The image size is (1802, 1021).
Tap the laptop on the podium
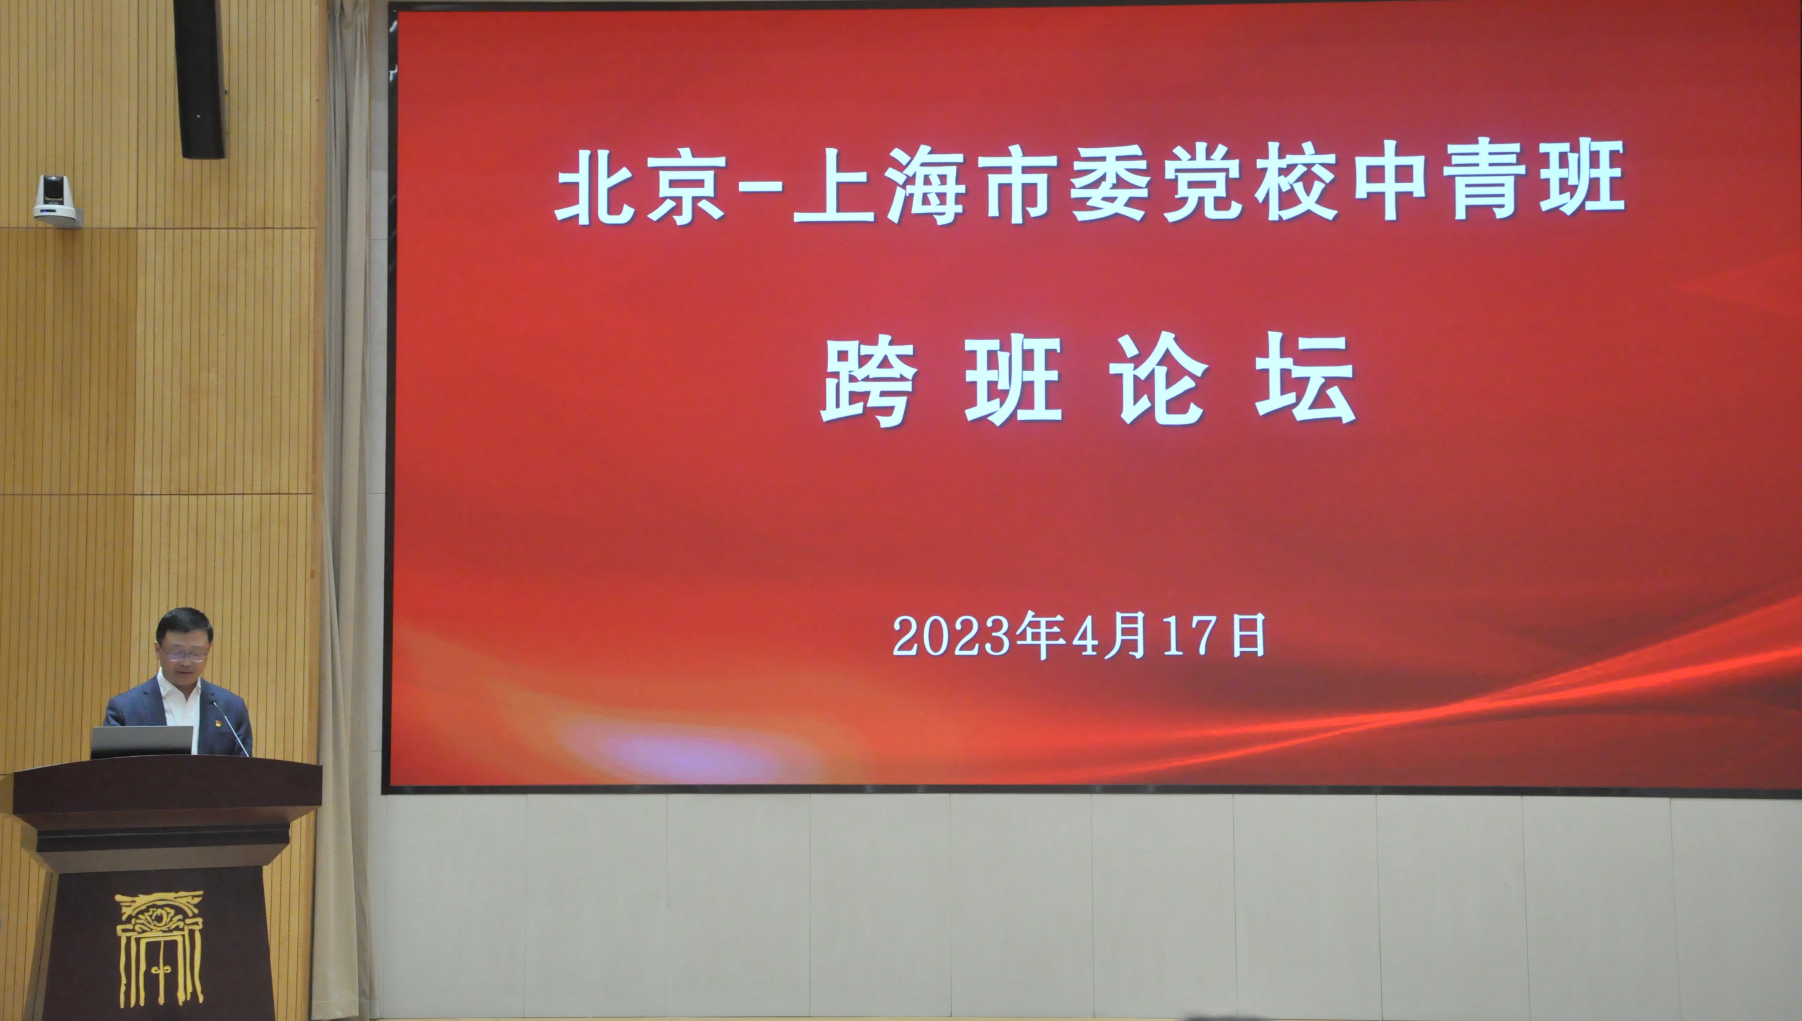(x=142, y=741)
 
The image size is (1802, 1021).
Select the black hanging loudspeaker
(x=199, y=78)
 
